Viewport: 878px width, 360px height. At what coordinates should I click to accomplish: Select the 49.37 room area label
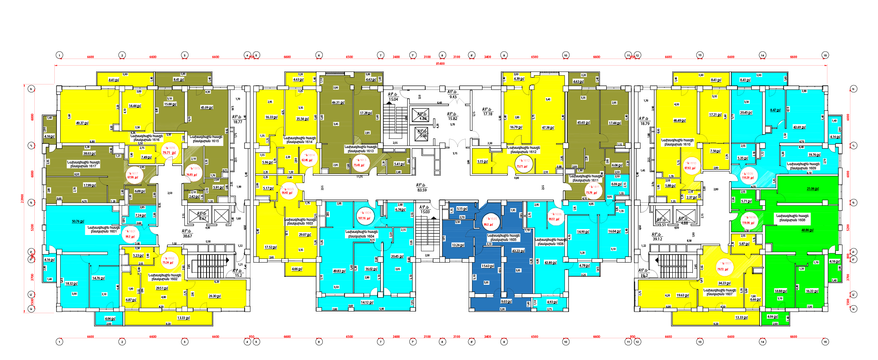[82, 123]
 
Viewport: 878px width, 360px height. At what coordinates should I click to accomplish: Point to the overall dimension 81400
[440, 64]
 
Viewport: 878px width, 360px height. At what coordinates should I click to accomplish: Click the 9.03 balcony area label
[506, 301]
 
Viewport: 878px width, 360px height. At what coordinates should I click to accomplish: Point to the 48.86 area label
[807, 230]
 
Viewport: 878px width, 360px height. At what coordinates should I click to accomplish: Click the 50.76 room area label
[78, 221]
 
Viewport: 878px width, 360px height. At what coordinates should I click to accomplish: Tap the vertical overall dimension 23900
[22, 199]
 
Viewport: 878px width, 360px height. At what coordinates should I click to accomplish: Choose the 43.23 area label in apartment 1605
[518, 251]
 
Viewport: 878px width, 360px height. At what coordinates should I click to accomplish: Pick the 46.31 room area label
[338, 102]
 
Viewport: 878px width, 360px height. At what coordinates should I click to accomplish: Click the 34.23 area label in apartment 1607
[724, 283]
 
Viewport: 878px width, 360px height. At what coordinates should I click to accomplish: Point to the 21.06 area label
[812, 189]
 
